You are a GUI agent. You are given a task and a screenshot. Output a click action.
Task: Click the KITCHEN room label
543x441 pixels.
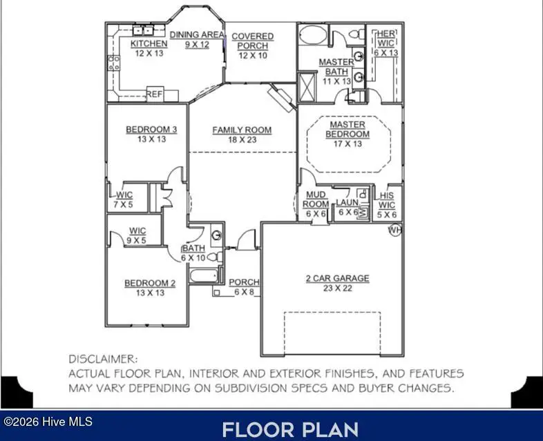[149, 43]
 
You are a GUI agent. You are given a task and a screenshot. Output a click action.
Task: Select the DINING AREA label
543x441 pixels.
[196, 35]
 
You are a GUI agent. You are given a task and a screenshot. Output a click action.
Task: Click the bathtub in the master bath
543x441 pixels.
[316, 35]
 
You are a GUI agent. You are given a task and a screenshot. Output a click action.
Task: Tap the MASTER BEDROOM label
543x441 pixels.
[347, 129]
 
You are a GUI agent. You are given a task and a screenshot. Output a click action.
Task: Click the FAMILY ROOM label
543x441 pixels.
[242, 130]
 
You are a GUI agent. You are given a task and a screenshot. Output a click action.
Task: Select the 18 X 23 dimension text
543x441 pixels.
[242, 139]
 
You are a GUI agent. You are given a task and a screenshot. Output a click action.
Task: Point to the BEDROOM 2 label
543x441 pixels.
[150, 283]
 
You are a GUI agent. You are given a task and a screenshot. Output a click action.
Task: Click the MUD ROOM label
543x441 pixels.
[316, 199]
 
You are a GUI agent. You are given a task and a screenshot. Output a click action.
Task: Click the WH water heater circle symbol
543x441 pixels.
[395, 229]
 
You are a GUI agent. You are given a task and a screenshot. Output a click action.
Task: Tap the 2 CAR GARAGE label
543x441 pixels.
[337, 278]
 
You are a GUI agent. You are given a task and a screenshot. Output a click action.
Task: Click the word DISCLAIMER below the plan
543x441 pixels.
[102, 359]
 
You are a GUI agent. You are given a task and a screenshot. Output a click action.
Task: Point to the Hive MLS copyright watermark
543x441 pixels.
[48, 421]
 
